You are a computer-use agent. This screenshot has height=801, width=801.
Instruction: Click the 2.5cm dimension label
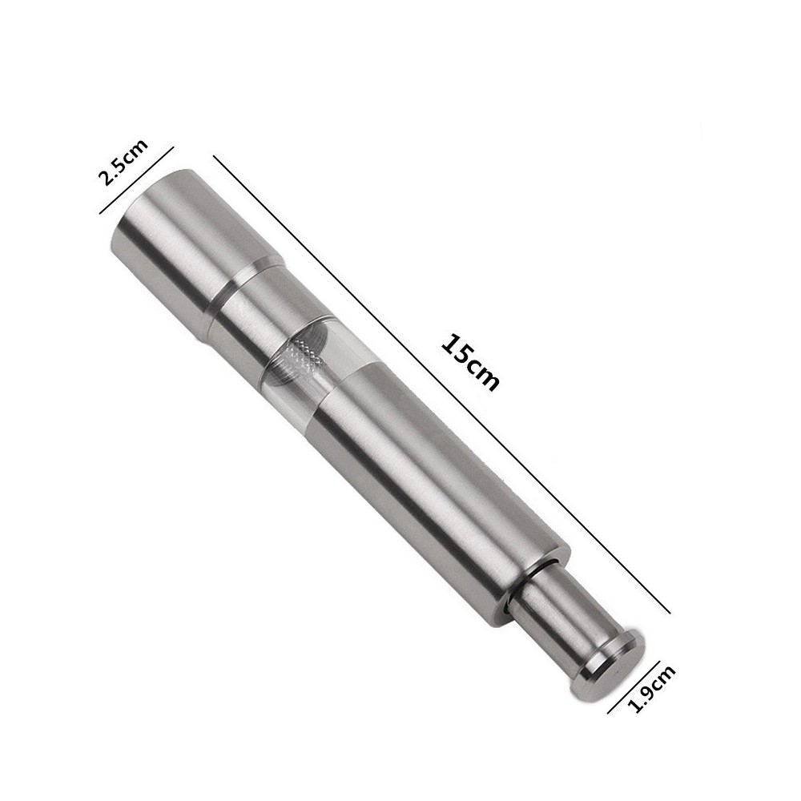click(x=123, y=162)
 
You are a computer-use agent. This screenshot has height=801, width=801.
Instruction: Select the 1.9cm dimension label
click(x=650, y=689)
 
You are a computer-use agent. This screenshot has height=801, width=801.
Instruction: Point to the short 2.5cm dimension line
click(x=136, y=179)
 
